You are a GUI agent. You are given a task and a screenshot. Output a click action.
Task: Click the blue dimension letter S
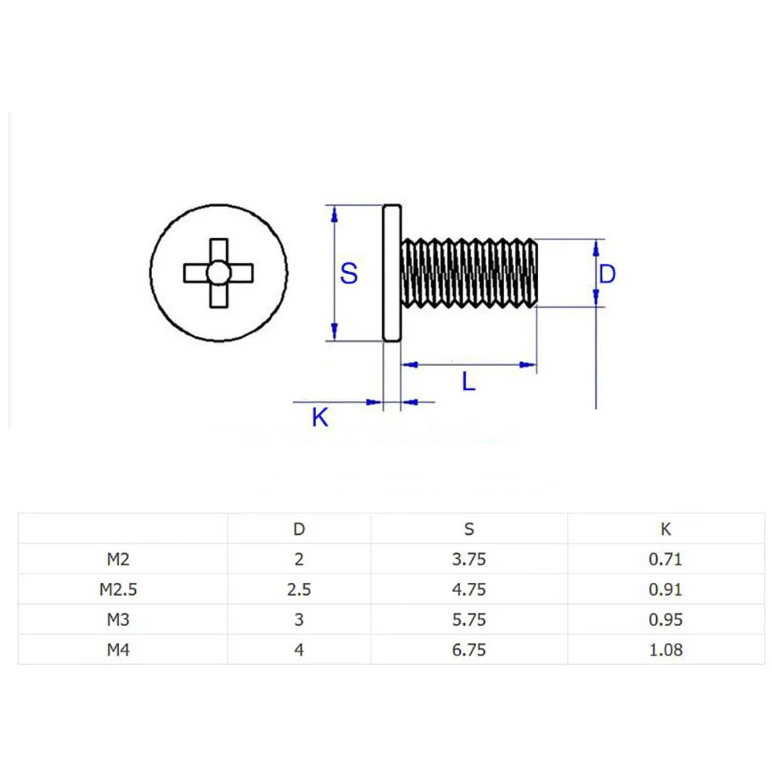point(350,273)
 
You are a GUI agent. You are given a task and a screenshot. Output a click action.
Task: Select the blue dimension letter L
point(469,381)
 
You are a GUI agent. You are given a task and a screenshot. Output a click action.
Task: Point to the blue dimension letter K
point(320,418)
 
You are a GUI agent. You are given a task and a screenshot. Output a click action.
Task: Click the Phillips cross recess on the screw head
point(218,273)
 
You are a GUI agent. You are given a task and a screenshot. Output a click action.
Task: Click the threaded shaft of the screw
point(469,273)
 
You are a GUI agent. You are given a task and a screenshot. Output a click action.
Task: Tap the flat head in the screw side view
point(392,273)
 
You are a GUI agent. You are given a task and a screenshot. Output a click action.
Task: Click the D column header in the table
point(299,530)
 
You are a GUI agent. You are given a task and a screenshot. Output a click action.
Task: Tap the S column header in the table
point(469,530)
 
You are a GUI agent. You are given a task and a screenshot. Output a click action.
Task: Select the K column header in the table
point(666,530)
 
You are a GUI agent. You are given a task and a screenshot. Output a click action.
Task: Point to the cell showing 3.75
point(469,560)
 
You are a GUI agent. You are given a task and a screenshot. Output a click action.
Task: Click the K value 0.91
point(666,590)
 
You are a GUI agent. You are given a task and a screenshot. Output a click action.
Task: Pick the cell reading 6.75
point(469,650)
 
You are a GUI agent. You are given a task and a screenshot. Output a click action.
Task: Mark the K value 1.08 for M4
point(666,650)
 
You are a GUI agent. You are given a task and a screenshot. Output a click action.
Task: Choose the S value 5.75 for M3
point(469,620)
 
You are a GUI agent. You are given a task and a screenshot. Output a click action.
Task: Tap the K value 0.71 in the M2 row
point(666,560)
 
